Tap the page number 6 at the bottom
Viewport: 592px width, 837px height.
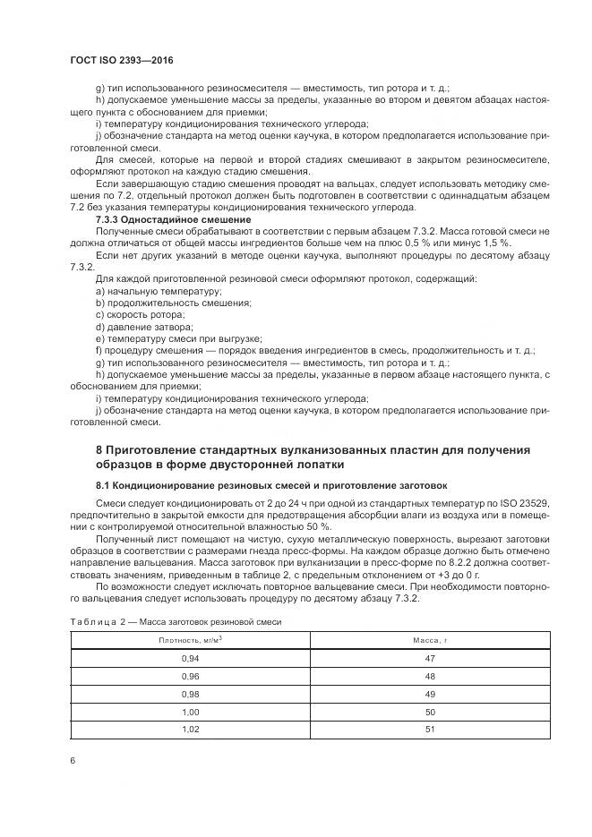pyautogui.click(x=72, y=760)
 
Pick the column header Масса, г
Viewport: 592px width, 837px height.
pyautogui.click(x=429, y=641)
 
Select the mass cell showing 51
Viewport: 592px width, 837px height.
pyautogui.click(x=429, y=730)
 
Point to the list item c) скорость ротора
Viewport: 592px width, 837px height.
pyautogui.click(x=140, y=315)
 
